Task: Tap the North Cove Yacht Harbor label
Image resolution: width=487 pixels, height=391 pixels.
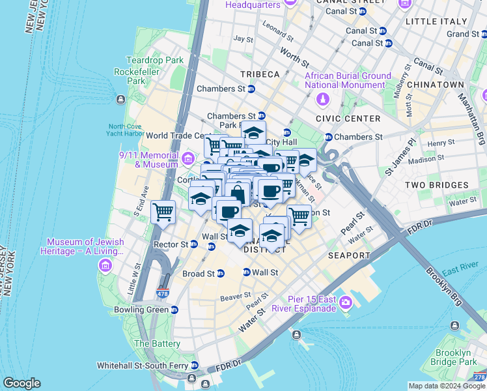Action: point(126,130)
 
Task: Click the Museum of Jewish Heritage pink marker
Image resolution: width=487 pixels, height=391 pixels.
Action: point(105,266)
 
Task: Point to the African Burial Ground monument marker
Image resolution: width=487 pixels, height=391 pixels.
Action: point(322,99)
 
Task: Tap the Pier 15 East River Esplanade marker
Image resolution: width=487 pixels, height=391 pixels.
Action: point(345,303)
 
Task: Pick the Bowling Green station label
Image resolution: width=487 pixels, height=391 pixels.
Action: point(141,310)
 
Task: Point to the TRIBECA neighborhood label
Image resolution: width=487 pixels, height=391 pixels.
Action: point(258,74)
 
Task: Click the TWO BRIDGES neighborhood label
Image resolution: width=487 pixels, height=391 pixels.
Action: point(432,185)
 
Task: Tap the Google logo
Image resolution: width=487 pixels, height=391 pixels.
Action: point(21,383)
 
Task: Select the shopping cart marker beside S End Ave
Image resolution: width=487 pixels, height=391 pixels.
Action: point(163,212)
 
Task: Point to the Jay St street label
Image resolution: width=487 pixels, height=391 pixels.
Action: point(244,39)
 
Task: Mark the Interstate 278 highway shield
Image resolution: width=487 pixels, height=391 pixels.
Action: point(479,376)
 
